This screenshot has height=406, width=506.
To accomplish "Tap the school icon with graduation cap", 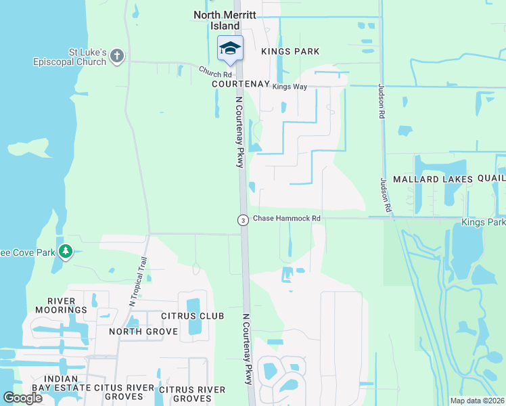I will click(x=230, y=48).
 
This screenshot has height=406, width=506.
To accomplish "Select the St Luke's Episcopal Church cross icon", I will click(x=117, y=55).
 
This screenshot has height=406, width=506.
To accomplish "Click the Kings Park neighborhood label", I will click(x=290, y=51).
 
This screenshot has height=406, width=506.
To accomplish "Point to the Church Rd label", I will click(x=215, y=71).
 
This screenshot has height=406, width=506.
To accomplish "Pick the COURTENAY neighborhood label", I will click(x=240, y=84).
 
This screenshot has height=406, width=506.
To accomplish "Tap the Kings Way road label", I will click(x=290, y=87).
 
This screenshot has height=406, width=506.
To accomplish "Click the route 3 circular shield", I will click(x=242, y=220).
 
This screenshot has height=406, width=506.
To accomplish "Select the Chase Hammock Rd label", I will click(x=286, y=219).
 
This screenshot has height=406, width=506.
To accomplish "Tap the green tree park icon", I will click(x=65, y=252).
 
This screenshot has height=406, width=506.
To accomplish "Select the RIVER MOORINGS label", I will click(x=67, y=305).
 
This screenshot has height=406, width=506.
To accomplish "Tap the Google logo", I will click(x=23, y=398).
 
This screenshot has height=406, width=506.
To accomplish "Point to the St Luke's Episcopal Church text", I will click(x=70, y=56).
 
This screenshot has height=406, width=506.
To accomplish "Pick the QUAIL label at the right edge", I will click(x=491, y=178).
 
